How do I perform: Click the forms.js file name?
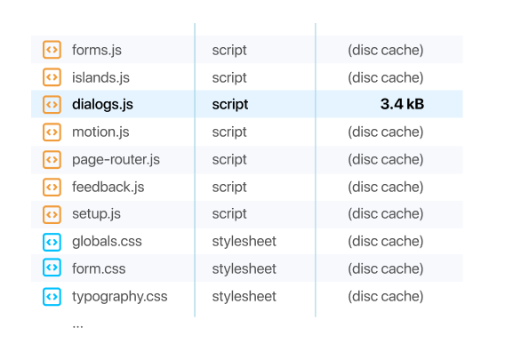[97, 51]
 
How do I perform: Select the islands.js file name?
[100, 78]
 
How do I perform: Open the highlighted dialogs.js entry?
[102, 105]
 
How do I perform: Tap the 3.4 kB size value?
[402, 104]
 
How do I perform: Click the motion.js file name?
[100, 132]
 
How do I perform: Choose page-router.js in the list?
[116, 160]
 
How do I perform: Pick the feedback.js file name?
[108, 187]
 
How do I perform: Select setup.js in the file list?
[96, 214]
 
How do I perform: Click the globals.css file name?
[107, 242]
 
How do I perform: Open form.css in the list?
[99, 268]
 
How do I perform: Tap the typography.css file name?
[120, 297]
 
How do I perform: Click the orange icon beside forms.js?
[52, 50]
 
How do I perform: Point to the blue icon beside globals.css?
[52, 242]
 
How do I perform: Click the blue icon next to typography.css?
[52, 296]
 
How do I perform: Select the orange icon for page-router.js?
[52, 160]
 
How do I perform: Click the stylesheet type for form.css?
[244, 268]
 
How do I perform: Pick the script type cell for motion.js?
[229, 132]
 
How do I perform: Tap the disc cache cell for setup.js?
[386, 214]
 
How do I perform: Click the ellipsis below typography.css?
[77, 326]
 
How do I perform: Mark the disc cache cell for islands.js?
[386, 77]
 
